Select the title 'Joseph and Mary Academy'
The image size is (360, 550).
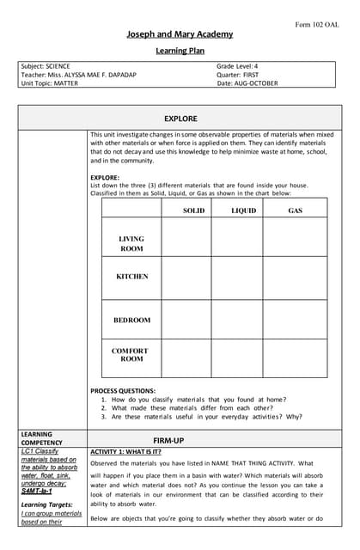point(180,34)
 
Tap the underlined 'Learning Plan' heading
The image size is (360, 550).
point(180,51)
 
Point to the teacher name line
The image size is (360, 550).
point(78,75)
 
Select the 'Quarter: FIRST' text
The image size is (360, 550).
point(238,75)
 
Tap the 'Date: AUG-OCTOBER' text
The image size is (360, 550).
point(248,82)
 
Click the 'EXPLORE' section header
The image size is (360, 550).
point(180,119)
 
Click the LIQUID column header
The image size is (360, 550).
point(243,211)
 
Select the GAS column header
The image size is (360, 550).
point(295,211)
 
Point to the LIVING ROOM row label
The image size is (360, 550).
point(131,244)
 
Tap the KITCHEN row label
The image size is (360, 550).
point(131,277)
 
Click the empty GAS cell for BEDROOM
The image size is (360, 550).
point(295,320)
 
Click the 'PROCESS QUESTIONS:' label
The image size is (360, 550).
point(123,391)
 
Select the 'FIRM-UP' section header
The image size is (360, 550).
point(180,438)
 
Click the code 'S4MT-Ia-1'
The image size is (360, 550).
point(37,491)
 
